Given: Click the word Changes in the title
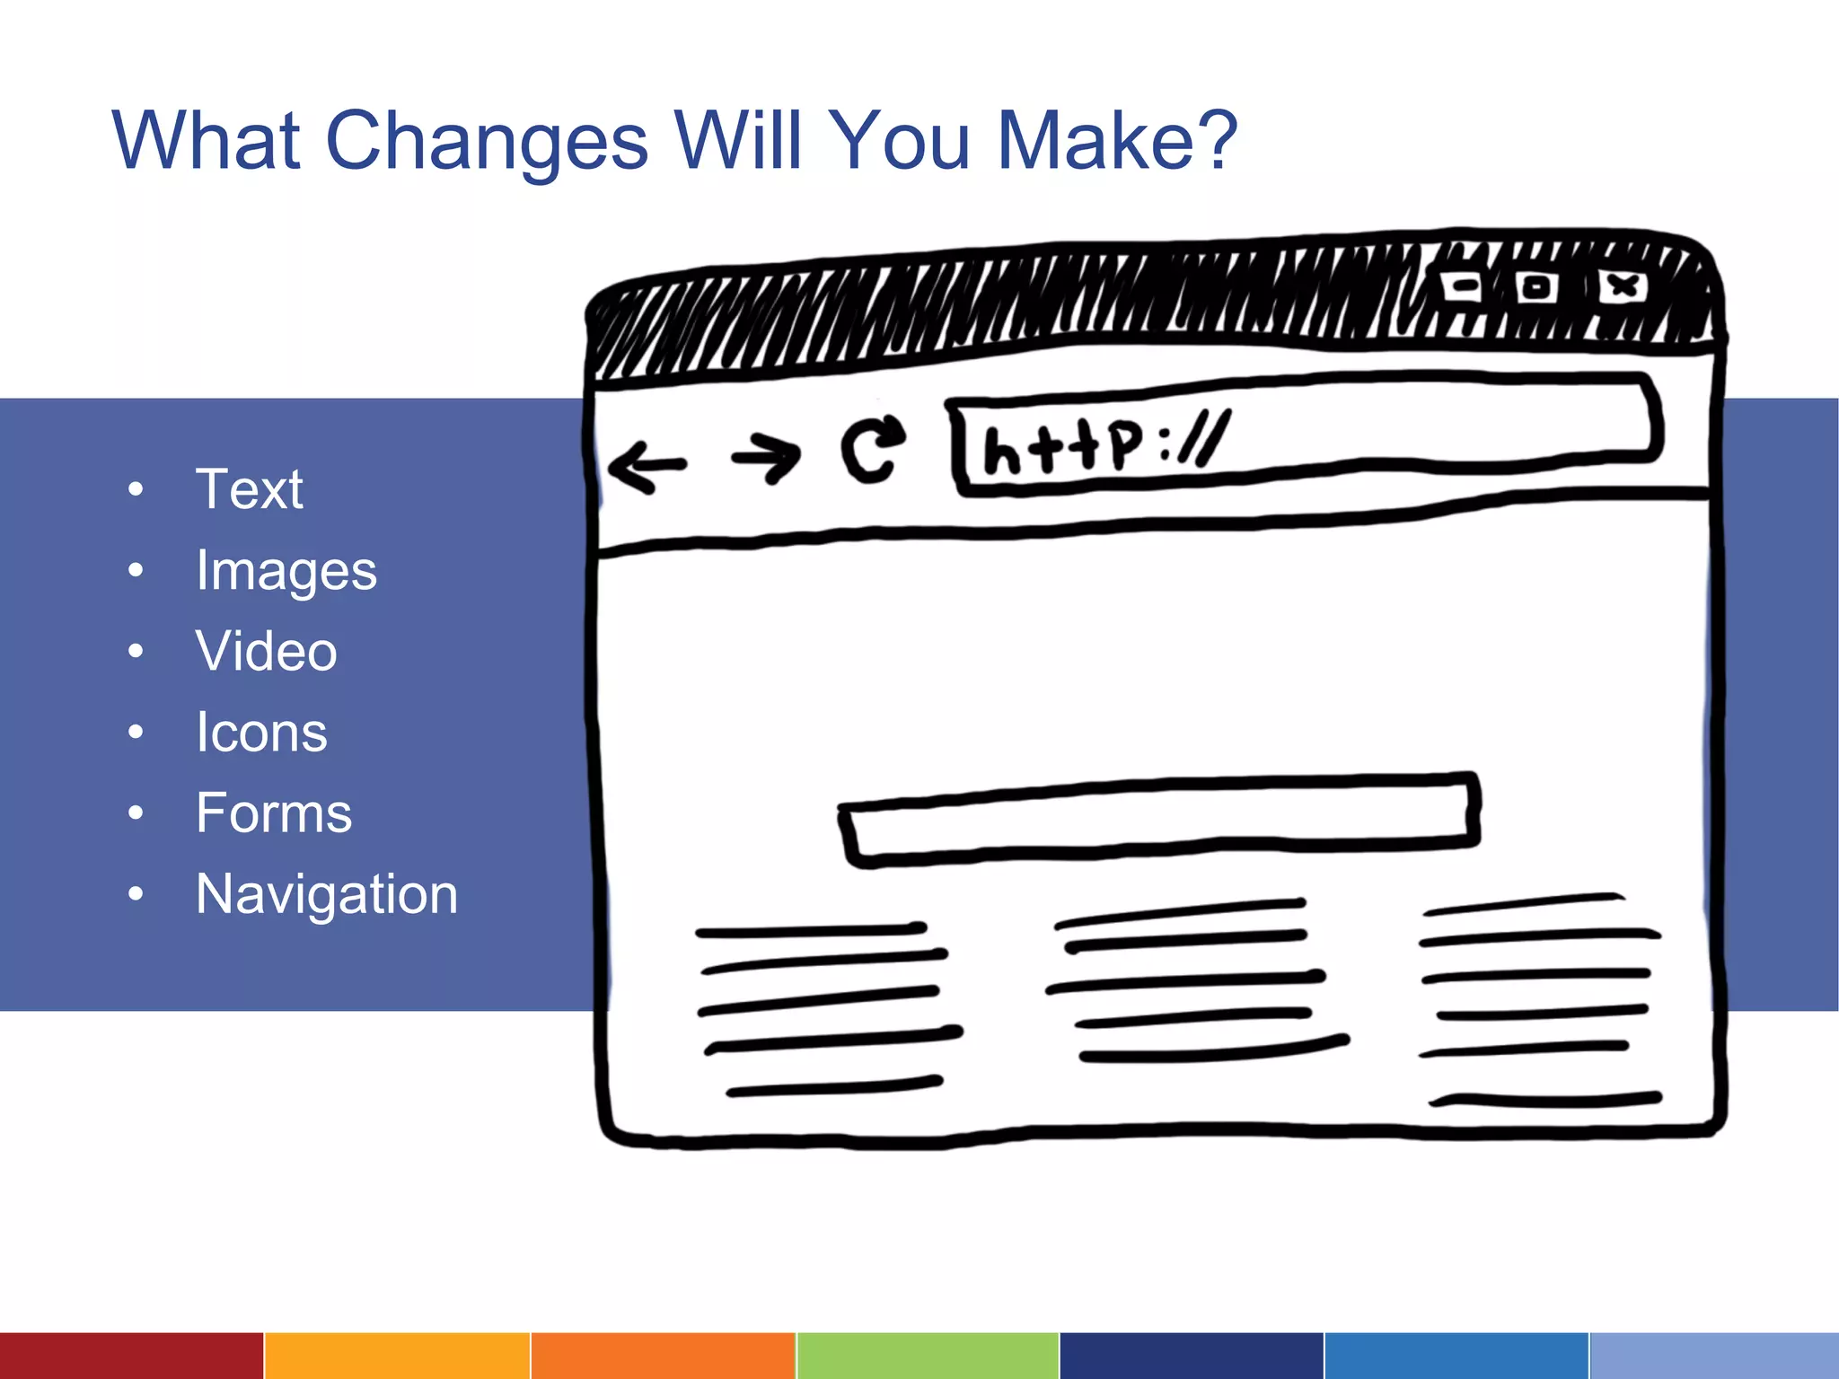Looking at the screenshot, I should click(486, 142).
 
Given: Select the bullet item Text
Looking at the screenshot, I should click(250, 489).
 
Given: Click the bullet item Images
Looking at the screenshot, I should click(286, 572).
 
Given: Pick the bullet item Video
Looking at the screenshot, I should click(267, 651).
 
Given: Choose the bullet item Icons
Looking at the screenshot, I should click(261, 733).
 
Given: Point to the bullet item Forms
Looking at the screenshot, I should click(274, 813).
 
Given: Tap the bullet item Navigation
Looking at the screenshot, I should click(327, 895).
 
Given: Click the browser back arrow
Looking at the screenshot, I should click(647, 466).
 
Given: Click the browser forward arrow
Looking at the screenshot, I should click(766, 457).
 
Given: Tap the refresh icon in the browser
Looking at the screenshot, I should click(871, 448).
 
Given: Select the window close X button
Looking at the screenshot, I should click(1623, 287).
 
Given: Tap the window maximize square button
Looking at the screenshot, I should click(1536, 287).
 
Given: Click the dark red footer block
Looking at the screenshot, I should click(131, 1356).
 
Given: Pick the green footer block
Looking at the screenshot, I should click(928, 1356).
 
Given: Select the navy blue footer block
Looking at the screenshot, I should click(1192, 1356).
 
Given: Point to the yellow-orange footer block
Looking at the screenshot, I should click(397, 1356).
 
